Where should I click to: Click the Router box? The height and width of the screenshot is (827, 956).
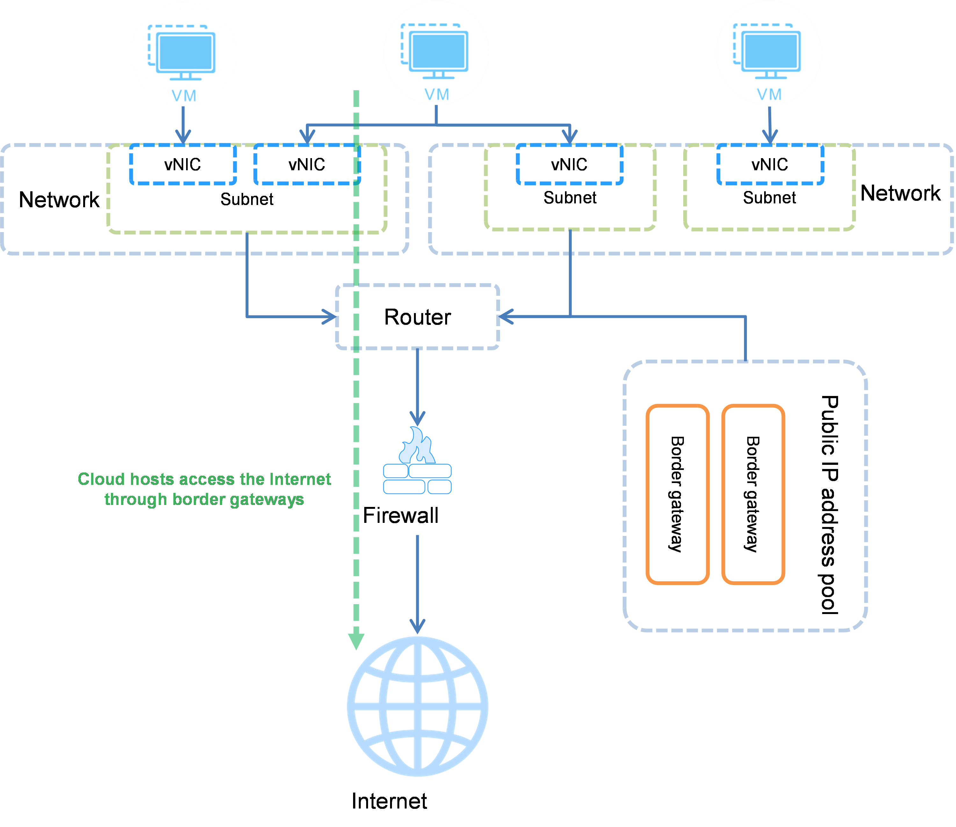click(417, 317)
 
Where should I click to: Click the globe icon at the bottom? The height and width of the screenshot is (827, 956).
click(417, 706)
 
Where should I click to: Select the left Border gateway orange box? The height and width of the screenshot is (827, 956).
click(677, 494)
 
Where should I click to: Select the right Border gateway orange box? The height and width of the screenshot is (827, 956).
click(753, 494)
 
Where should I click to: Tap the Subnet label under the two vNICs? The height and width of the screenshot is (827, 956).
click(247, 199)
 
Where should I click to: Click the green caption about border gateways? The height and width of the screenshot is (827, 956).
click(204, 491)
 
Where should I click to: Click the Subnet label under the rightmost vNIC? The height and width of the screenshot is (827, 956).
click(769, 198)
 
